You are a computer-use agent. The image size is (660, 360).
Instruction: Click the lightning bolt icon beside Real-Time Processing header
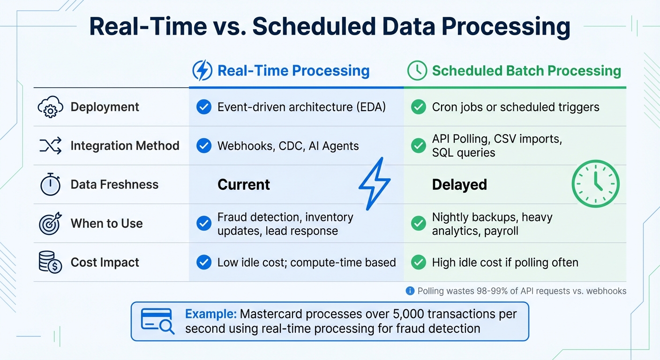[x=202, y=71]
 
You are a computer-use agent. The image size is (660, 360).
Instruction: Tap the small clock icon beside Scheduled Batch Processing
[x=417, y=71]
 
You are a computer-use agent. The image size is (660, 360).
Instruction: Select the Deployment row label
[x=105, y=107]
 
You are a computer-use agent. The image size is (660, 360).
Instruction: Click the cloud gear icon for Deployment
[x=50, y=107]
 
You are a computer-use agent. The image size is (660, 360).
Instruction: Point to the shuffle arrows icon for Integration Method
[x=50, y=146]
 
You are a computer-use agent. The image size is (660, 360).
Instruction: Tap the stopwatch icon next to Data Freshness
[x=50, y=185]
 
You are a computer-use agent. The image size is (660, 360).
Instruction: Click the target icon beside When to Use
[x=50, y=223]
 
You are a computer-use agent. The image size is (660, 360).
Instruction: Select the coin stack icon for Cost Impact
[x=50, y=262]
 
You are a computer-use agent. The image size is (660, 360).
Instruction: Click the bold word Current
[x=244, y=185]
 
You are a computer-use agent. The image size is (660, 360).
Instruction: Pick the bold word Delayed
[x=459, y=185]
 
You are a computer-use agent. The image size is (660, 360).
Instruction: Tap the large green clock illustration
[x=595, y=184]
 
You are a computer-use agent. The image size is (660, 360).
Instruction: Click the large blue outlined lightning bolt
[x=375, y=183]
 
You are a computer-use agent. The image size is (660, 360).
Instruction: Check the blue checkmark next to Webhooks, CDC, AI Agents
[x=203, y=146]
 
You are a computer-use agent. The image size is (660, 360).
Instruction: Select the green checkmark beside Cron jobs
[x=418, y=107]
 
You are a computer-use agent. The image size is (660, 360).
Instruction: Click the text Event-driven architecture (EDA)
[x=301, y=107]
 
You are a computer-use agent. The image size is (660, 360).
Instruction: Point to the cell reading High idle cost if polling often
[x=505, y=262]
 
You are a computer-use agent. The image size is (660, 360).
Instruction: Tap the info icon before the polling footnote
[x=410, y=291]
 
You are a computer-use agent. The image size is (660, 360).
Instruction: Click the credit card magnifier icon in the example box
[x=157, y=321]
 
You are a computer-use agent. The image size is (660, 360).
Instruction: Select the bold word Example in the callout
[x=210, y=314]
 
